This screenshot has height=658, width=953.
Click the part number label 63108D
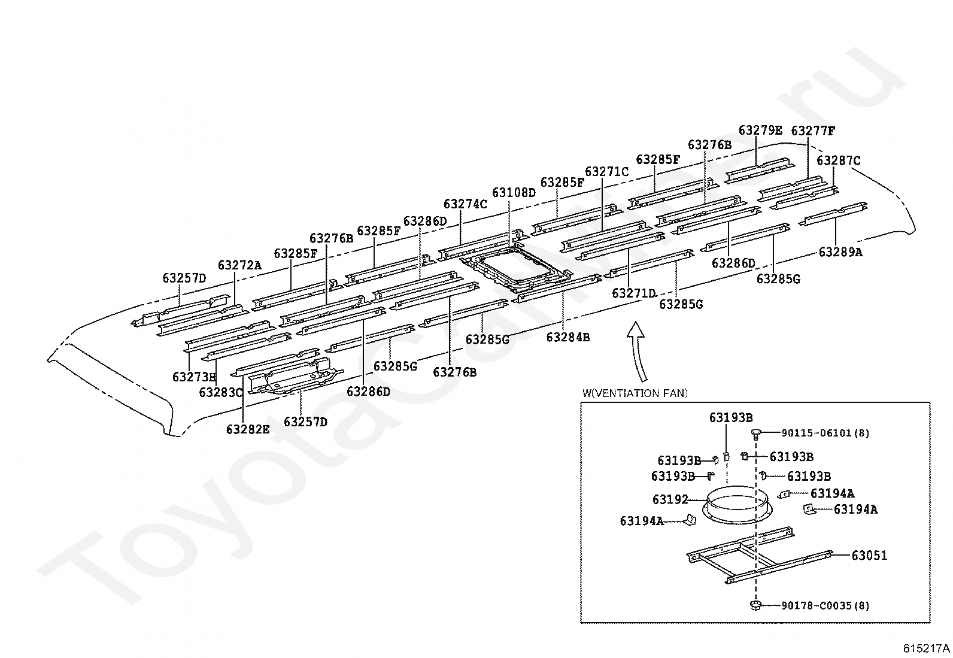pos(514,193)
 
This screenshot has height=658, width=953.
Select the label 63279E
pos(760,131)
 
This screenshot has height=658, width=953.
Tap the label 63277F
pos(813,131)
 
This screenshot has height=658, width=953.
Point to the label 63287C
pos(839,160)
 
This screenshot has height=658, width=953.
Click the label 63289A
pos(840,253)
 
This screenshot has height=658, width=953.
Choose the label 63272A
pos(240,265)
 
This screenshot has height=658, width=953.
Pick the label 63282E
pos(248,429)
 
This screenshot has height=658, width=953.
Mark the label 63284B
pos(568,338)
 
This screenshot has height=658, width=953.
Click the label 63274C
pos(466,204)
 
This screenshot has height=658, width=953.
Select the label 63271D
pos(634,293)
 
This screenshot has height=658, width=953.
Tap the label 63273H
pos(195,377)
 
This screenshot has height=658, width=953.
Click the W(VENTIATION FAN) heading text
pos(635,393)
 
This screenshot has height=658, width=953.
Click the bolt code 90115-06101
pos(816,433)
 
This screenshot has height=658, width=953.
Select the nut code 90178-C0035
pos(816,606)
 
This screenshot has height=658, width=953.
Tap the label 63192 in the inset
pos(670,499)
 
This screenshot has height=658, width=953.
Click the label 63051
pos(869,556)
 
